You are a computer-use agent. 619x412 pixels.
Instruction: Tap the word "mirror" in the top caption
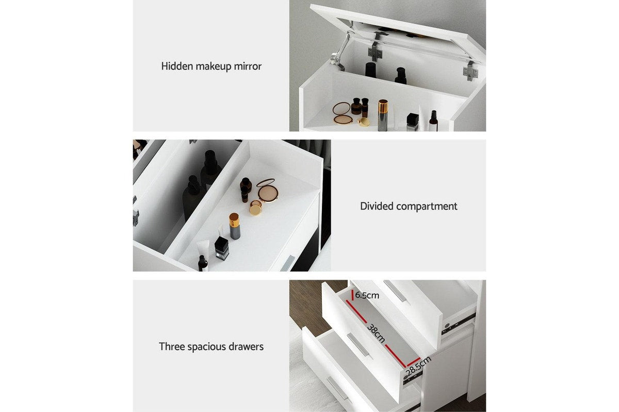point(247,66)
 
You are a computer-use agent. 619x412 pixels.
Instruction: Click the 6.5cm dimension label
point(367,296)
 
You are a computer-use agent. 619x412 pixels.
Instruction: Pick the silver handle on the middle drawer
point(358,344)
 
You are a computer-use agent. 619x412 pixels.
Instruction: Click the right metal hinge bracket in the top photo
point(470,71)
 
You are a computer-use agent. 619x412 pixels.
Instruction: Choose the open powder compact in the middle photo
point(267,190)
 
